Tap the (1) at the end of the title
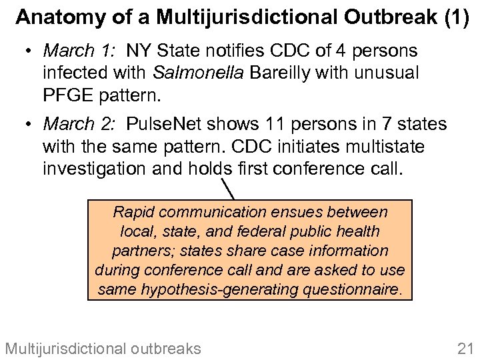click(x=456, y=17)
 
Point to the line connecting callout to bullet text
click(x=229, y=187)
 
